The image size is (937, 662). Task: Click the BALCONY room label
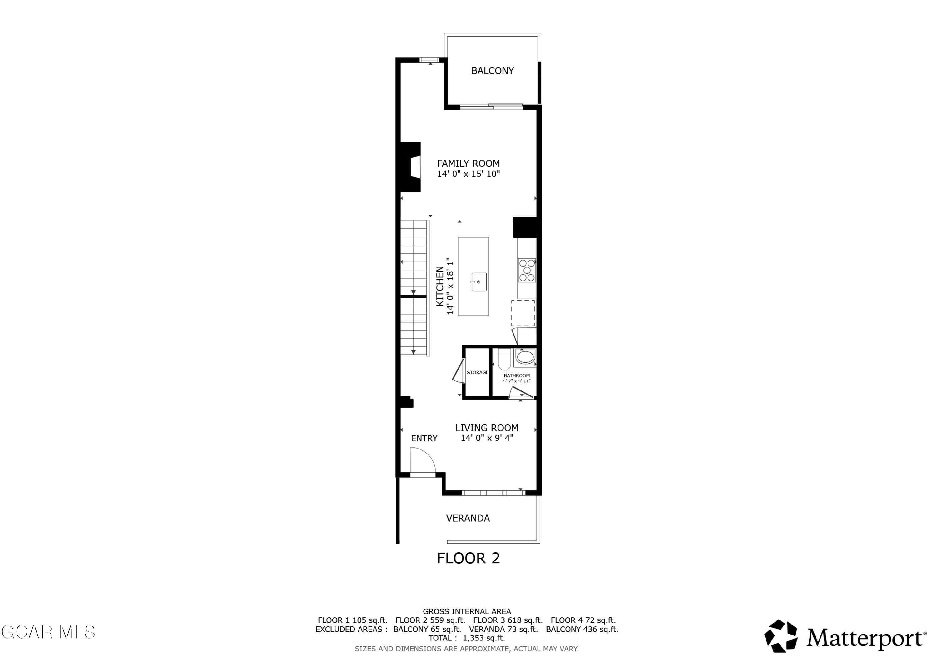[x=492, y=71]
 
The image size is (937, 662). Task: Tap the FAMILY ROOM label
[x=468, y=163]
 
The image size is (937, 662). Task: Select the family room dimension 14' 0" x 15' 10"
[x=468, y=174]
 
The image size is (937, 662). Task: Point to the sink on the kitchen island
[x=479, y=282]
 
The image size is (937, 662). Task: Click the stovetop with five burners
[x=527, y=270]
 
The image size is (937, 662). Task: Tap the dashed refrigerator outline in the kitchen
[x=523, y=313]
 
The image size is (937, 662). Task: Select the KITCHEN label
[x=440, y=286]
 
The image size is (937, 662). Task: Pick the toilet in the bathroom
[x=504, y=360]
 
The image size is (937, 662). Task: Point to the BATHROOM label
[x=517, y=376]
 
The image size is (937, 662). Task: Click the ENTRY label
[x=424, y=439]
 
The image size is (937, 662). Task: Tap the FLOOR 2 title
[x=468, y=558]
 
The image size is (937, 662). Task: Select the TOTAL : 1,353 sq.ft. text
[x=466, y=638]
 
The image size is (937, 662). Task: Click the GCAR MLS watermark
[x=48, y=632]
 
